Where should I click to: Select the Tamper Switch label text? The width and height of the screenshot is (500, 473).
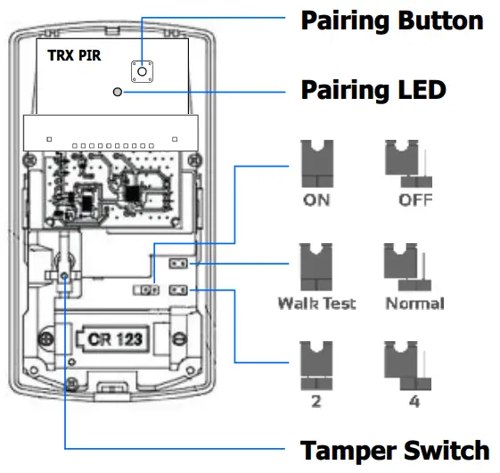point(394,450)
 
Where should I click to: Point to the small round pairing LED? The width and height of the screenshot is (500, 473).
point(118,91)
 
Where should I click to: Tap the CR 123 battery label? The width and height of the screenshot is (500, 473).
point(113,339)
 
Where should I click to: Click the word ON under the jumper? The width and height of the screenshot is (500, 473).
point(316,200)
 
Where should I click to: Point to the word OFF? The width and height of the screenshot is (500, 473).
point(415,200)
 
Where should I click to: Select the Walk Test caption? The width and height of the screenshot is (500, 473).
point(316,304)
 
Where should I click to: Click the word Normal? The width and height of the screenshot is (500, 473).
point(415,304)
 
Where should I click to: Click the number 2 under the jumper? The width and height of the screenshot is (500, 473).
point(316,403)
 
